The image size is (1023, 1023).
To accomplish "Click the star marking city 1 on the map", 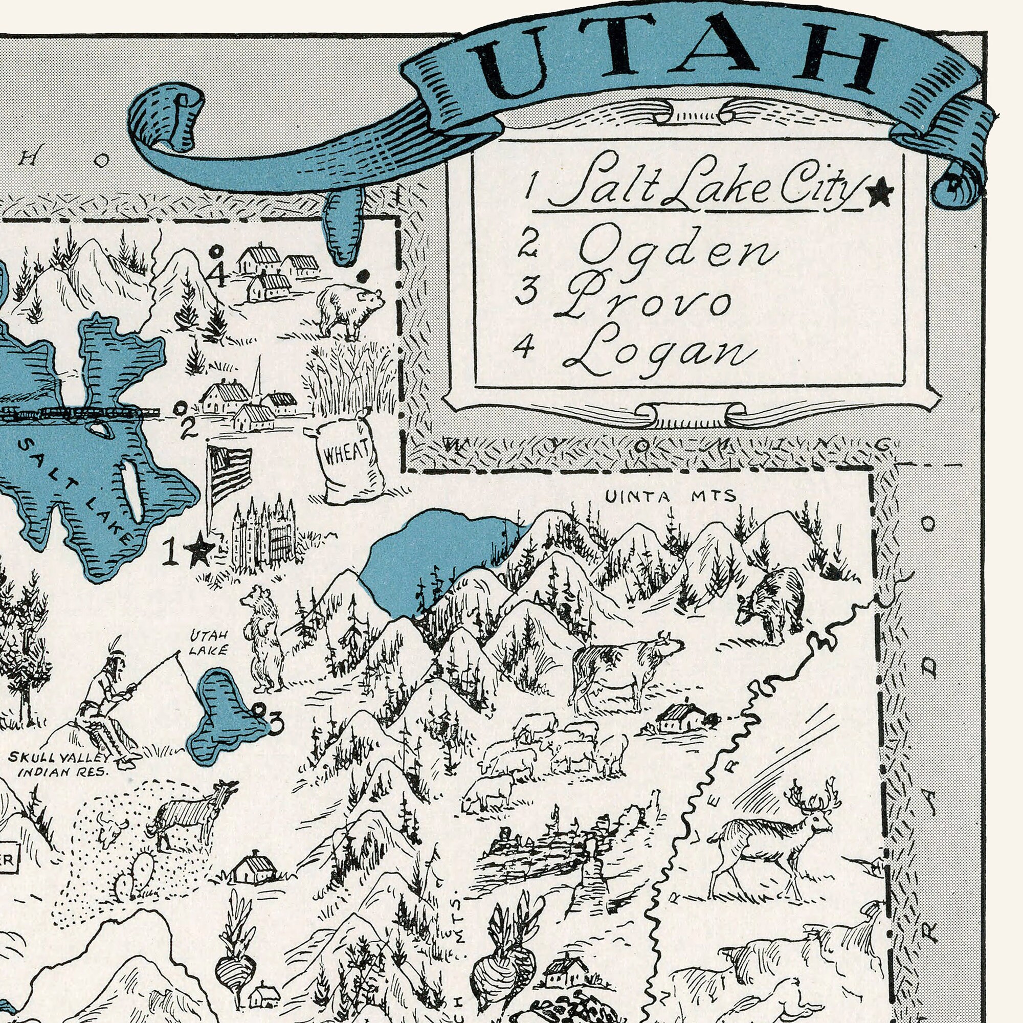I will coord(200,551).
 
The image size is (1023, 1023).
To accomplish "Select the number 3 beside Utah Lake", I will coord(276,724).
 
